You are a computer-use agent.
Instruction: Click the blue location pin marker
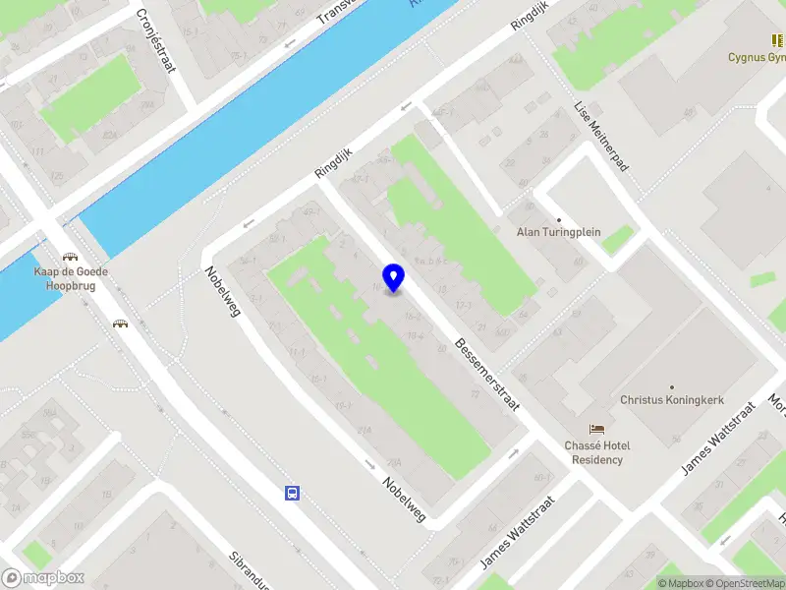point(394,278)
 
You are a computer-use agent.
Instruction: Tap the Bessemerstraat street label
point(486,374)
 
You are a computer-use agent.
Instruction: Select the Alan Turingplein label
point(559,233)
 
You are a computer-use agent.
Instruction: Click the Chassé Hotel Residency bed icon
point(596,430)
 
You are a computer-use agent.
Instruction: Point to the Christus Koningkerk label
point(671,401)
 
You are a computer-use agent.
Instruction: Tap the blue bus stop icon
point(292,493)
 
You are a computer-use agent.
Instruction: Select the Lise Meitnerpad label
point(600,135)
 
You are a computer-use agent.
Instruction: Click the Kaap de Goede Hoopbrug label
point(70,278)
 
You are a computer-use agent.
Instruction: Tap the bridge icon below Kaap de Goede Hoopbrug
point(121,324)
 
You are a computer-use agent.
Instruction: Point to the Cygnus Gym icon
point(775,41)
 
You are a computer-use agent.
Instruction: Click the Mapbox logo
point(43,578)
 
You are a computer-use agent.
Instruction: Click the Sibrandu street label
point(251,568)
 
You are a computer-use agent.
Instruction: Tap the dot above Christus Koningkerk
point(672,387)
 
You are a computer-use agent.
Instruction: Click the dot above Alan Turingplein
point(559,219)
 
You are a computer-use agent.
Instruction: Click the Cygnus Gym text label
point(756,57)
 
